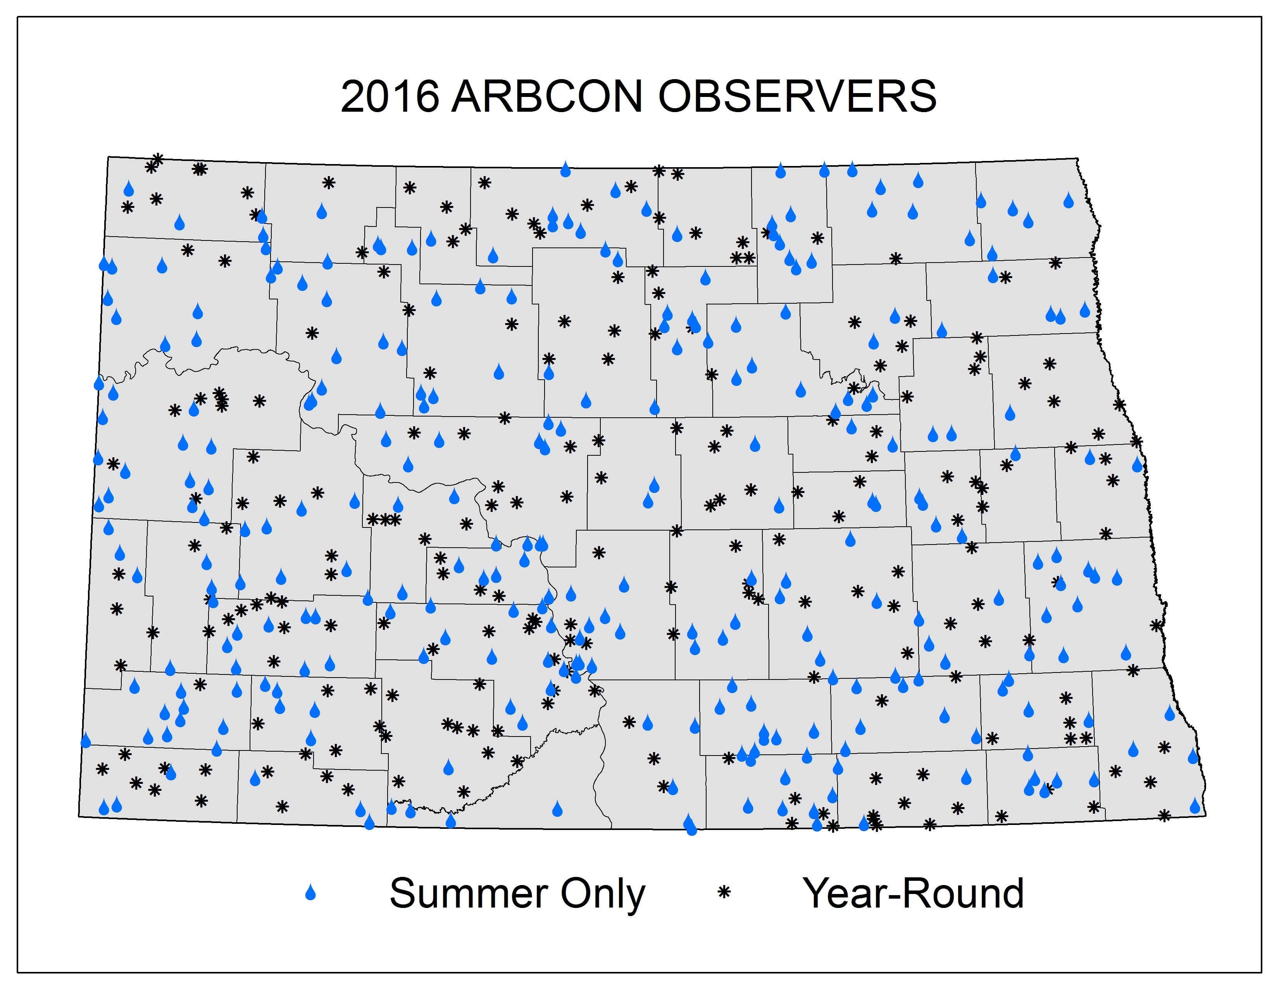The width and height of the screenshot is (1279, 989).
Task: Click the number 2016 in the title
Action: pyautogui.click(x=390, y=96)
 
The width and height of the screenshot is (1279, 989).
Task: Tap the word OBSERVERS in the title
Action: pyautogui.click(x=797, y=96)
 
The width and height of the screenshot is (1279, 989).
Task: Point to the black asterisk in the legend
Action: pyautogui.click(x=724, y=892)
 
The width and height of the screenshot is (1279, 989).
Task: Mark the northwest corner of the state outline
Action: pyautogui.click(x=109, y=156)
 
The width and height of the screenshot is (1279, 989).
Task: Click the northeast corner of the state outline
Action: pyautogui.click(x=1078, y=158)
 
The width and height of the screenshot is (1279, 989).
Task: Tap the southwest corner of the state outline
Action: pyautogui.click(x=79, y=816)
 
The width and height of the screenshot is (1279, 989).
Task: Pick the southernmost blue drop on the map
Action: pyautogui.click(x=691, y=828)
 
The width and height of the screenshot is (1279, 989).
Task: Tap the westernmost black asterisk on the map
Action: pyautogui.click(x=102, y=769)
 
